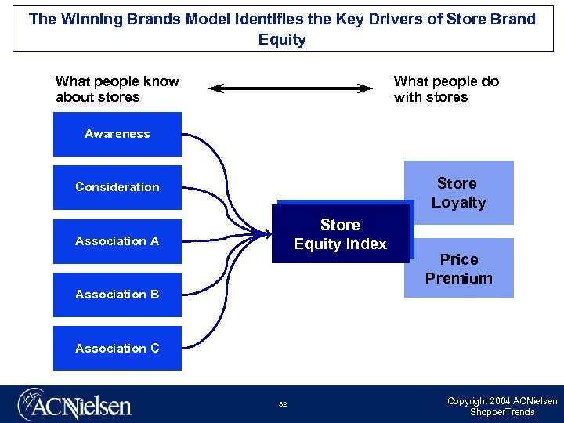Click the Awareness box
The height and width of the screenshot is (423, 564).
[117, 134]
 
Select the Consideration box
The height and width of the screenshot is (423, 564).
[117, 187]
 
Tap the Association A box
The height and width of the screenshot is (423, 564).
[117, 241]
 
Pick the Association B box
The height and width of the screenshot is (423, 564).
[117, 295]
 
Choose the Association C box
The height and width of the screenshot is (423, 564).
[117, 348]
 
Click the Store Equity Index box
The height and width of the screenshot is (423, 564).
[340, 234]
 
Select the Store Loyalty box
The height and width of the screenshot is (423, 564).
[458, 193]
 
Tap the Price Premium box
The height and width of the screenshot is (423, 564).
[458, 268]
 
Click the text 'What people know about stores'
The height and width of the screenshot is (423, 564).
[117, 89]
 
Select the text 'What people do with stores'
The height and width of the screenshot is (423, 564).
[446, 89]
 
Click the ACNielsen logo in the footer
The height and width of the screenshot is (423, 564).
[75, 405]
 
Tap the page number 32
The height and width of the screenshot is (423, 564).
[282, 404]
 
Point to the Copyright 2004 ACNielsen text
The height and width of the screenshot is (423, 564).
[502, 401]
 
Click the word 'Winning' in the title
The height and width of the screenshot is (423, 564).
[89, 19]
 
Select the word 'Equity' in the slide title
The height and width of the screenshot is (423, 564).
[282, 39]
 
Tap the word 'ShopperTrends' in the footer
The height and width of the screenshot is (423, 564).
[502, 412]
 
